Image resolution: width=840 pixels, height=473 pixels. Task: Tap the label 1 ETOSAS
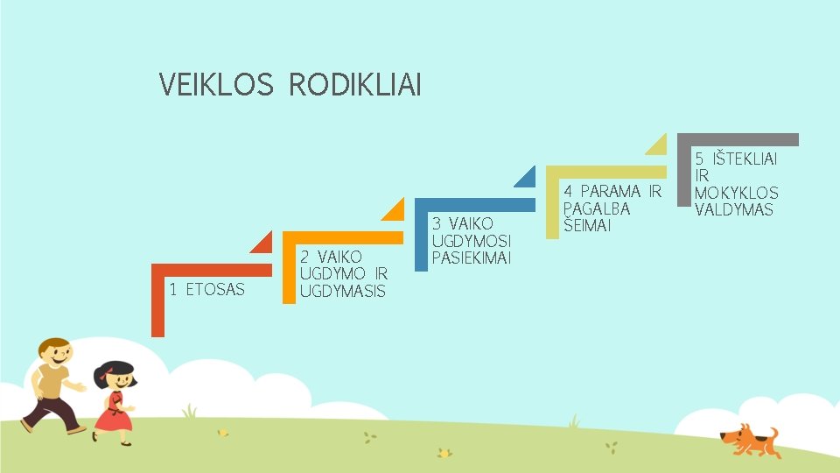click(207, 289)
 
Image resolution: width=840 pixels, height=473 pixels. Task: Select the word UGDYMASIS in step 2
click(342, 291)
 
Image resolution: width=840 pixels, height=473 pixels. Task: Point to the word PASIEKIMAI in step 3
click(472, 258)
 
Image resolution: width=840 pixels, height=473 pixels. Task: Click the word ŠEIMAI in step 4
click(586, 225)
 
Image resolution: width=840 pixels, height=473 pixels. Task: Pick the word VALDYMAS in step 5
click(734, 209)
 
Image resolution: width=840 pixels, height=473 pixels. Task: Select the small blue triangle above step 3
click(525, 176)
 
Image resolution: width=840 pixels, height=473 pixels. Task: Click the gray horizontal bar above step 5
click(744, 138)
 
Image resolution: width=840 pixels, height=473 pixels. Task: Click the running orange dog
click(748, 439)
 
